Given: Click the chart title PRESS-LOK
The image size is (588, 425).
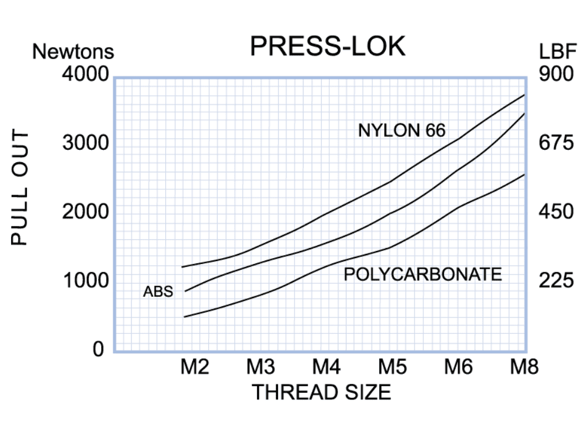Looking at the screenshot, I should point(328,46).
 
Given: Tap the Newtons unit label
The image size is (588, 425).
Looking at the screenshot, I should point(73,52).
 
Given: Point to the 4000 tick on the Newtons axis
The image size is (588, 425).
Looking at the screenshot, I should point(86,75).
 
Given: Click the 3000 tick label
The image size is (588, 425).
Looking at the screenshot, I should point(86,143).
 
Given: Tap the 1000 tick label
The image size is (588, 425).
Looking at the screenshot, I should point(86,281).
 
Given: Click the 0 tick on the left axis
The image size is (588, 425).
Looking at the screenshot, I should point(98,349).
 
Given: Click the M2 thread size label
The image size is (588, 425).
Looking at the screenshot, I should point(194,368).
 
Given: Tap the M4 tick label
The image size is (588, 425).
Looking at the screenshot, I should point(326,368).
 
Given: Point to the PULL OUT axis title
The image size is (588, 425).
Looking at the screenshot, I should point(19,189).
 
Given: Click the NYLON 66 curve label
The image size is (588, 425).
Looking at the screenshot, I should point(402,130).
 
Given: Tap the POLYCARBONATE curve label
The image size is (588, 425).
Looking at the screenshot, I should point(423,274).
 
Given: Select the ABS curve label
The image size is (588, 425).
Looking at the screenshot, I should point(158,292).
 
